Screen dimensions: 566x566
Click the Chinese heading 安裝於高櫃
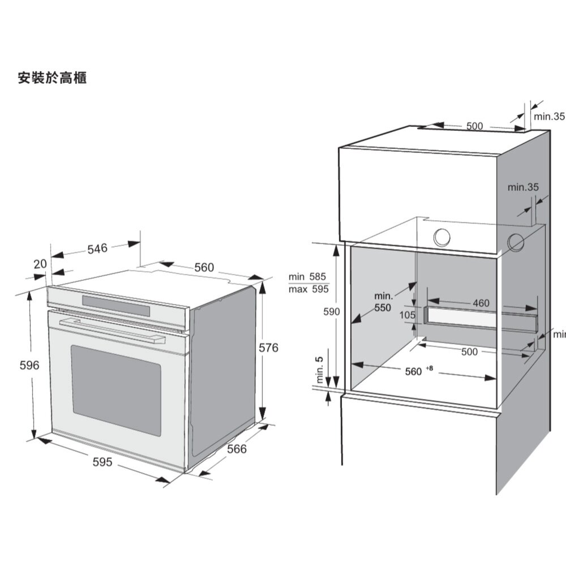pos(52,78)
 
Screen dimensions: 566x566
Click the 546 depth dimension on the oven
pos(97,248)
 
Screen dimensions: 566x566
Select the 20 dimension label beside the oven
pos(40,264)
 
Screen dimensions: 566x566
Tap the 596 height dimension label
pos(29,365)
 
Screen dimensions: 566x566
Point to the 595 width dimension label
pos(102,462)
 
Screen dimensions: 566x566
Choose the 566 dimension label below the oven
pos(237,449)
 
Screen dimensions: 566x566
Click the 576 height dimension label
pos(268,348)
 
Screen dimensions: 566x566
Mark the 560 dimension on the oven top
pos(204,268)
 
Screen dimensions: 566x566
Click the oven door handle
pos(112,331)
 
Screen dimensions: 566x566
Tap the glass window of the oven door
pos(116,391)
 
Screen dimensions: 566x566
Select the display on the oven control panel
pos(116,306)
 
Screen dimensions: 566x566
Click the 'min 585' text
pos(307,277)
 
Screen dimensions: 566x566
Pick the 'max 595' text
pos(308,289)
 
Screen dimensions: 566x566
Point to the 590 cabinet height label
pos(331,311)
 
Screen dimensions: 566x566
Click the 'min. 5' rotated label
pos(320,370)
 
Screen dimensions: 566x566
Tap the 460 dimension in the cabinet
pos(481,303)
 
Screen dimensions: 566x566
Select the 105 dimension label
pos(408,315)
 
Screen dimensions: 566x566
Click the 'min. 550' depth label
pos(383,302)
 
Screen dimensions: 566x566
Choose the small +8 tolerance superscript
pos(429,368)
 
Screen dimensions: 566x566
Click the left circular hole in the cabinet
pos(441,238)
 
